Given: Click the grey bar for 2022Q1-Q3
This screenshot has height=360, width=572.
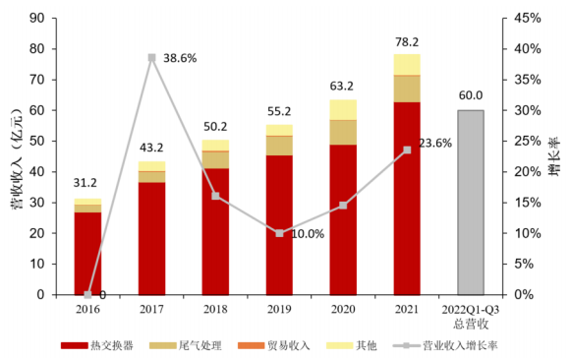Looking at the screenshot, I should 471,202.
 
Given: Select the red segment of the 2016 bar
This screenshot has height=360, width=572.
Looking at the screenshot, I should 87,253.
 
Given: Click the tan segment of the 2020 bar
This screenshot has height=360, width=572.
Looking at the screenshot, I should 343,132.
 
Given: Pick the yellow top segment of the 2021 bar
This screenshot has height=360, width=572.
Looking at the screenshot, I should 407,64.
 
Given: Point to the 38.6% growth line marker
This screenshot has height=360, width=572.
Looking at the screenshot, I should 151,58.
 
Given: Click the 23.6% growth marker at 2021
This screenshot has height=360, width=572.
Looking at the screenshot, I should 407,150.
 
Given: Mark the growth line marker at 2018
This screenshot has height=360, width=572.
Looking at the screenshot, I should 215,196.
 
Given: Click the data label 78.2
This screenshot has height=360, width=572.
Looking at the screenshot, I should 407,42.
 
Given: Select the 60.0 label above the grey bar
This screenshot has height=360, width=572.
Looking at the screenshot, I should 471,95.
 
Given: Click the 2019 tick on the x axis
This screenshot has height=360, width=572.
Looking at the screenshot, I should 279,308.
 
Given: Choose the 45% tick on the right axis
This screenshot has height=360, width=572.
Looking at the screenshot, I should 527,18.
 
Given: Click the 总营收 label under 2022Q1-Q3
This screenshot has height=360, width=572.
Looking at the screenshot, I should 471,322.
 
